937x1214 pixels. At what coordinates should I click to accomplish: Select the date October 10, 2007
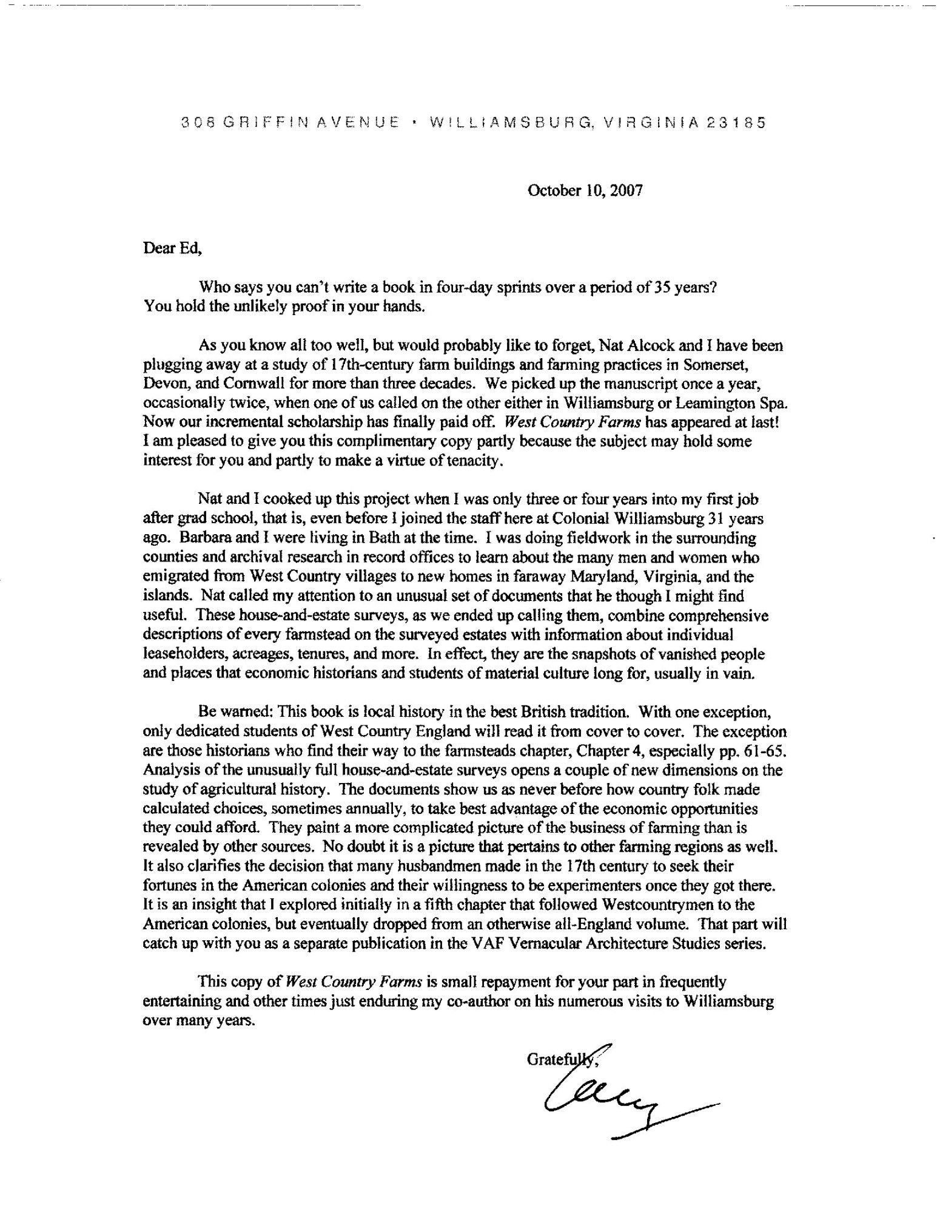585,191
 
